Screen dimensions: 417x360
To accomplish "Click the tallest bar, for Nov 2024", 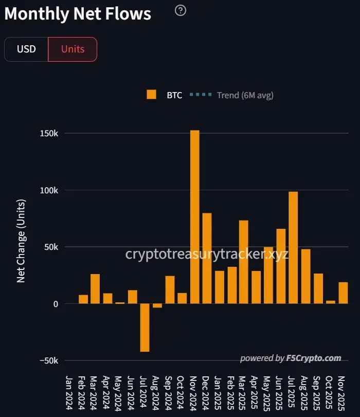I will click(195, 216).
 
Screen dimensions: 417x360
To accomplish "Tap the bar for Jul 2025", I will click(293, 247).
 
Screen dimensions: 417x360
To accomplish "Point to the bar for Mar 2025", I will click(244, 262).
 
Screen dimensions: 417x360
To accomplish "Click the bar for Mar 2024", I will click(95, 288).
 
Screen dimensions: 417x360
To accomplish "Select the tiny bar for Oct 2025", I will click(331, 302).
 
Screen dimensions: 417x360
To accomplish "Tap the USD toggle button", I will click(26, 49).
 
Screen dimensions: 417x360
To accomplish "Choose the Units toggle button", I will click(73, 49).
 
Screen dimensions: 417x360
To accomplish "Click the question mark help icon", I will click(180, 10).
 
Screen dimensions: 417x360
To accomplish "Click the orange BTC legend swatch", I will click(151, 95).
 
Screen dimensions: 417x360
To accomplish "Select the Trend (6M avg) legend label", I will click(245, 95).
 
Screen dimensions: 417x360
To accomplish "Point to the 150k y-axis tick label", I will click(49, 134).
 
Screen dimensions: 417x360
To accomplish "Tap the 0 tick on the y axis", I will click(55, 304).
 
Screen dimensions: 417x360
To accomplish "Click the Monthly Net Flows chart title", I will click(78, 14).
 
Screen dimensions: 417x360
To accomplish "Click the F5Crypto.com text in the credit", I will click(314, 358).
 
